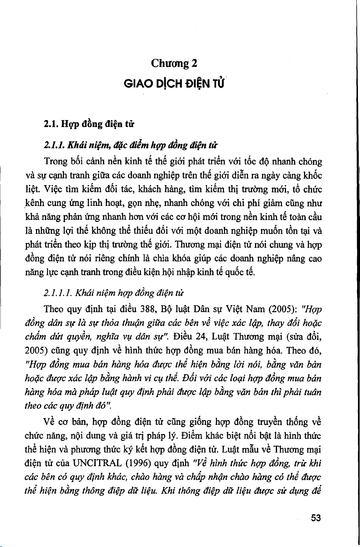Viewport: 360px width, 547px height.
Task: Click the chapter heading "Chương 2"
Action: pyautogui.click(x=174, y=63)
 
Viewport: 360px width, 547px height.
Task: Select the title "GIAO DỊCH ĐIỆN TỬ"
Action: pyautogui.click(x=174, y=84)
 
